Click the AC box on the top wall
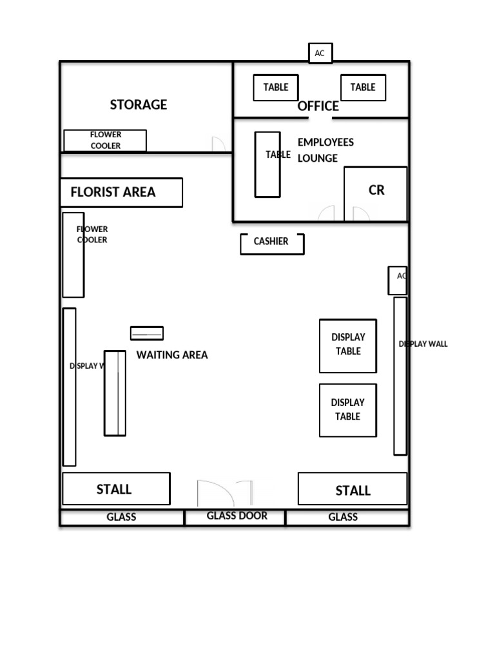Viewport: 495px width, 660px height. coord(320,53)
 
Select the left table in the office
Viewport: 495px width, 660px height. coord(276,88)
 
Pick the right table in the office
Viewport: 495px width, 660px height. coord(363,88)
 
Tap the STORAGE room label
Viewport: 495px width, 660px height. coord(138,104)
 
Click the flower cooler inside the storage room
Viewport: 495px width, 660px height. coord(105,141)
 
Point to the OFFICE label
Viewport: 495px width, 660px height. coord(318,106)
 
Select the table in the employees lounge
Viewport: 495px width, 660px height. coord(267,164)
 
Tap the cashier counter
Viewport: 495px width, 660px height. coord(271,243)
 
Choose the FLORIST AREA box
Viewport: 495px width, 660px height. coord(121,192)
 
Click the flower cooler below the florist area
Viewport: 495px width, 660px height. coord(73,255)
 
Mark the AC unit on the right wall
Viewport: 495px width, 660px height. coord(398,280)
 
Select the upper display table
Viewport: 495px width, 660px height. coord(348,345)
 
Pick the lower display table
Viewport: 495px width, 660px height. coord(348,410)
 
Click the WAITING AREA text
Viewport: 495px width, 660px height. coord(172,355)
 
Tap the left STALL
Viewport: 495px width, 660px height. coord(116,489)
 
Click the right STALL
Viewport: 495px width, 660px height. coord(353,489)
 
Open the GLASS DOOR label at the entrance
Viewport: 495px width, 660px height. coord(237,516)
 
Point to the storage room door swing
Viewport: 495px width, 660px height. coord(219,144)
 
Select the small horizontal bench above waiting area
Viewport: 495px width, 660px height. coord(147,333)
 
